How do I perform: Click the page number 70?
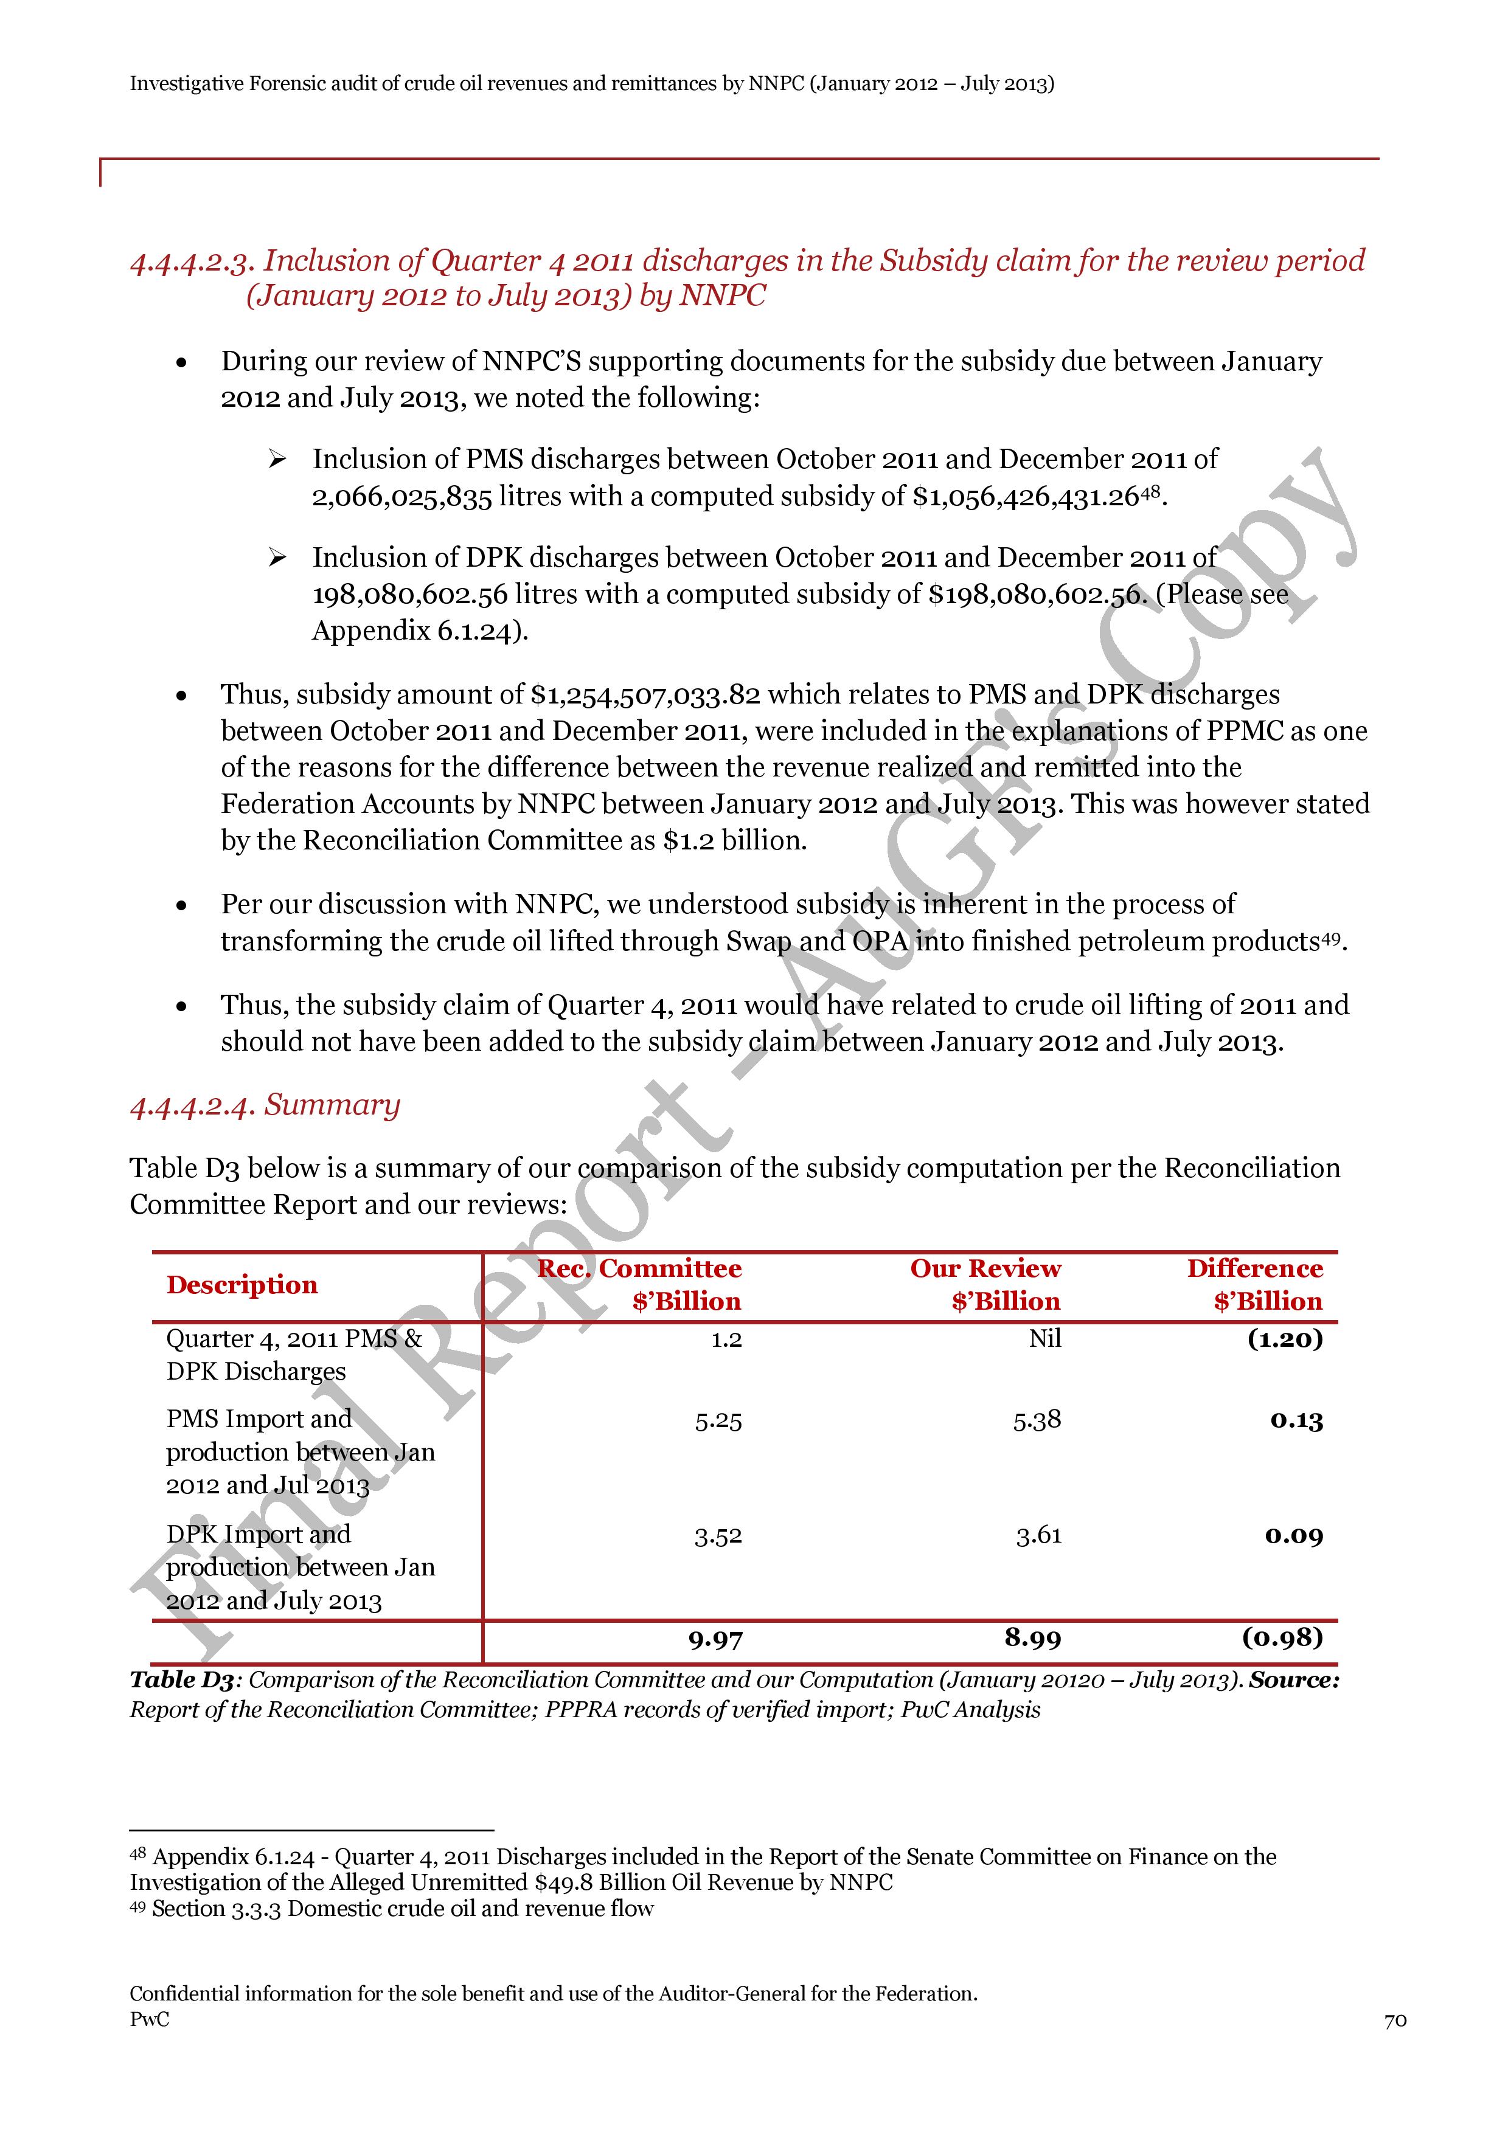1395,2021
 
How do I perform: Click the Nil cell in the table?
1044,1339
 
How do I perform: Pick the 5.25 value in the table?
718,1420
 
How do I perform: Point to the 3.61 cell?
1038,1536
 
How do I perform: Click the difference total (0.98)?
1282,1637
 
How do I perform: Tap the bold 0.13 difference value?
1296,1420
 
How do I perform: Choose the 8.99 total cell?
1032,1638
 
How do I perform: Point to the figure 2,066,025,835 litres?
401,497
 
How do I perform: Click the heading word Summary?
332,1105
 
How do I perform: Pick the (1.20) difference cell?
1285,1339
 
